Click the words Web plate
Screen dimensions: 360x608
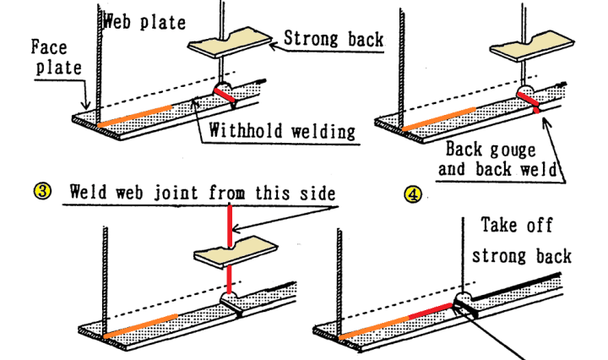[x=144, y=22]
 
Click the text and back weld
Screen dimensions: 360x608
[x=502, y=168]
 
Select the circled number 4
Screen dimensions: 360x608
[x=412, y=192]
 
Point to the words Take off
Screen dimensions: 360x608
[x=517, y=225]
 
